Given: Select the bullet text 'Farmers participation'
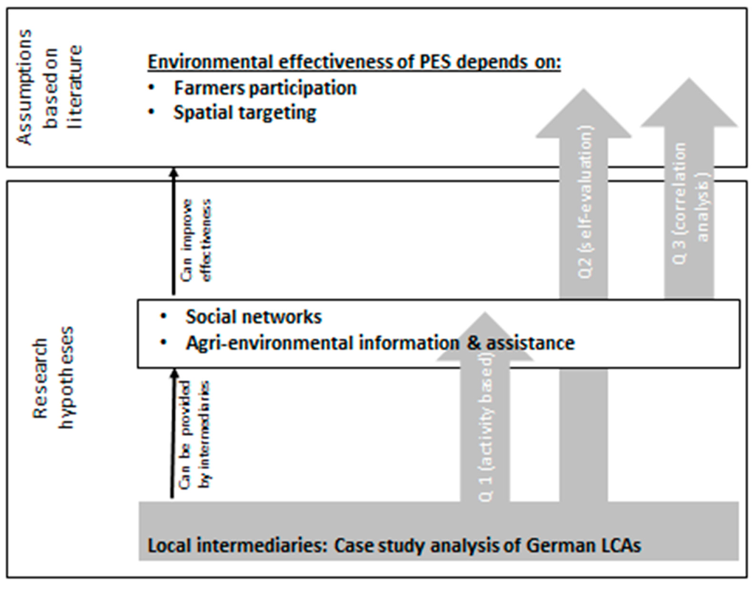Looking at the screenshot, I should coord(265,88).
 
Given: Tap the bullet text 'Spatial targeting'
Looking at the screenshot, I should coord(245,113).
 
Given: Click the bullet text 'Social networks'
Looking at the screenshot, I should coord(254,317).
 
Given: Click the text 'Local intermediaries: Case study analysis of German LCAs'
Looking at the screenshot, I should coord(394,547).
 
